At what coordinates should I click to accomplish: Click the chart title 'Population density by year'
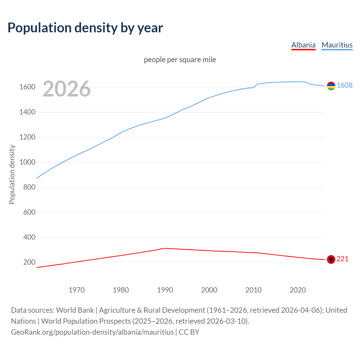85,28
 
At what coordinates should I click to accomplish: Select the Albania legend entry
303,45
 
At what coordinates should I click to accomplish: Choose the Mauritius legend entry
337,45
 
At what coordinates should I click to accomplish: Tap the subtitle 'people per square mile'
180,60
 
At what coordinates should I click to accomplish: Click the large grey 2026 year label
67,89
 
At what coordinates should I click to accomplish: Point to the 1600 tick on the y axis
27,87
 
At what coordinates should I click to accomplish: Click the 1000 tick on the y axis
27,162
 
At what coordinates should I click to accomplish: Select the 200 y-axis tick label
29,262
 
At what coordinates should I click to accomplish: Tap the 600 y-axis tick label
29,212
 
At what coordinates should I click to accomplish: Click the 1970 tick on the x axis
76,290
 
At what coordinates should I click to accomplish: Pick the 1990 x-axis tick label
165,290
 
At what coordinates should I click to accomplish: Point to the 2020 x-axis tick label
298,290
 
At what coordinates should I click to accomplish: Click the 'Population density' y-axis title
12,174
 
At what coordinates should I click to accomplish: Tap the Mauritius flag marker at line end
331,86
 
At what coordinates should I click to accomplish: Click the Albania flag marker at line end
331,259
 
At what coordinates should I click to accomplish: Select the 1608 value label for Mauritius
345,85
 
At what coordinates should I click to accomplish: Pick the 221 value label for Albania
343,259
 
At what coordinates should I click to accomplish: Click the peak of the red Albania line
165,248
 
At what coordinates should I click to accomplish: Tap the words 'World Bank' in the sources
75,310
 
